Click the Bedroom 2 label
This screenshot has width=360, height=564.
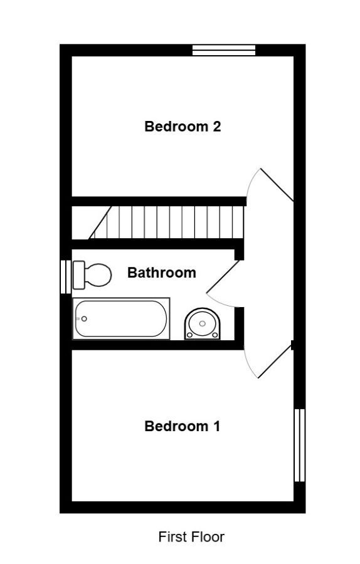pos(183,127)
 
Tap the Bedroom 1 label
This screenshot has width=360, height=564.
pos(182,426)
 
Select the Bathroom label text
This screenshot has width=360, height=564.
pos(162,273)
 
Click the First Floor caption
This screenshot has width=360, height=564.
pos(191,537)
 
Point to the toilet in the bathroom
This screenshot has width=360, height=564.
pos(92,275)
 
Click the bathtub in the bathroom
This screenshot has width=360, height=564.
pos(121,318)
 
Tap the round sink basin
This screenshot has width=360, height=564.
pos(202,324)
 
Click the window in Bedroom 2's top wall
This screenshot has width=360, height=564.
pos(224,50)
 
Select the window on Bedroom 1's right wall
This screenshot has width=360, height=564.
pos(300,445)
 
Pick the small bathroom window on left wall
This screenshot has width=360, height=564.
pos(65,277)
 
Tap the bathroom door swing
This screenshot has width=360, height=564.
pos(223,284)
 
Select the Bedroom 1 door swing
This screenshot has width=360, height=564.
pos(268,360)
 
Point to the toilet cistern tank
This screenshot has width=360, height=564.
pos(79,275)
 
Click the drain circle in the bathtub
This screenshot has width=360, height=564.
pos(84,319)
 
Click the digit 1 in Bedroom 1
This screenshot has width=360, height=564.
pos(216,426)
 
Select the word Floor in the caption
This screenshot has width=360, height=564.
pos(208,537)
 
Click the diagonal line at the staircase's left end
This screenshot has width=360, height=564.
pos(100,222)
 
